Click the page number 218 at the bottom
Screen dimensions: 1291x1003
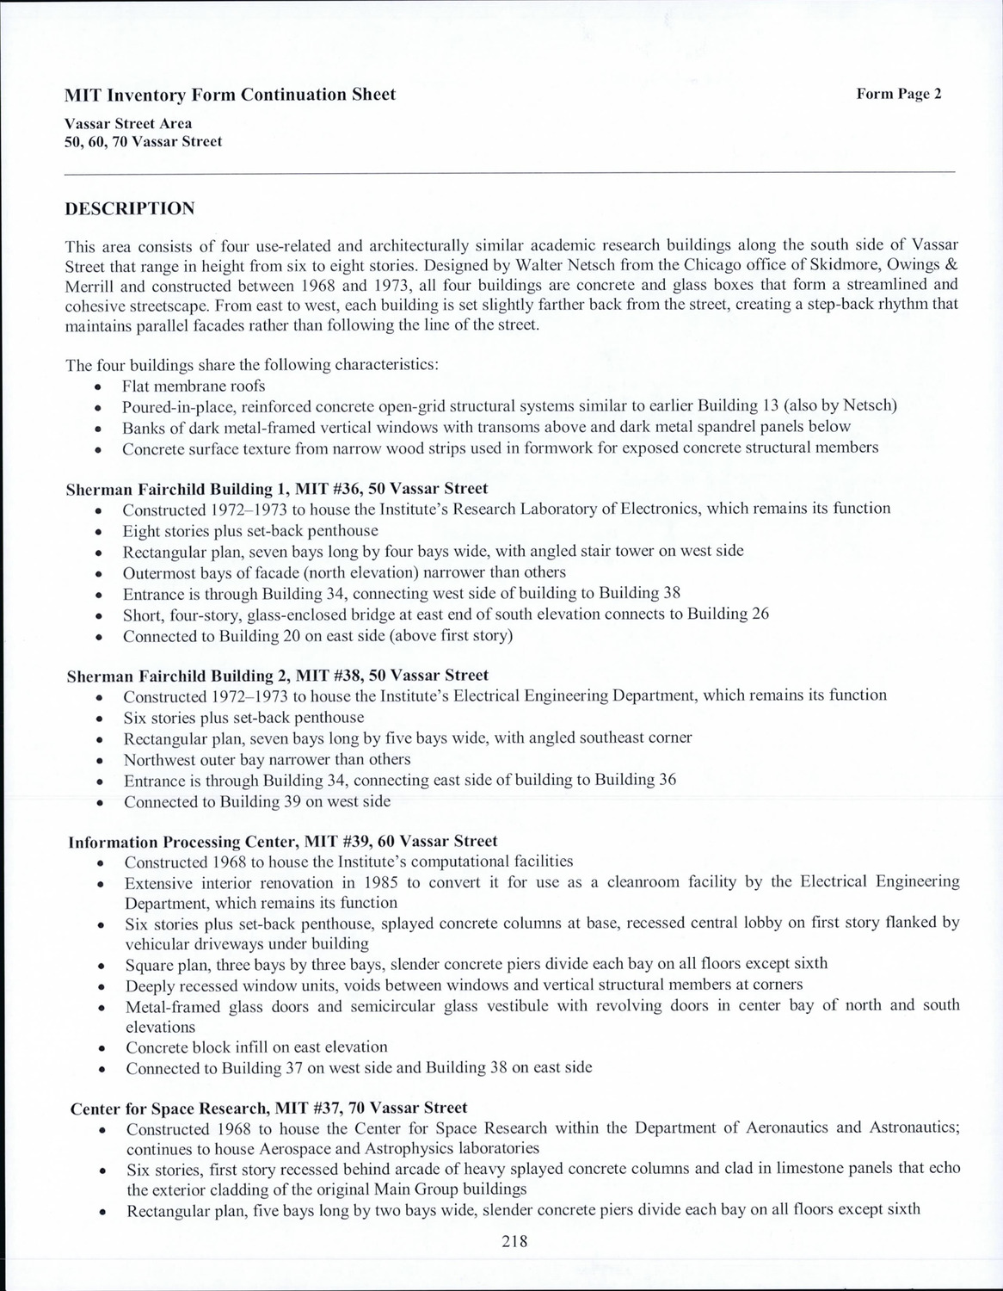tap(513, 1240)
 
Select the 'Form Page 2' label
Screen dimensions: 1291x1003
tap(899, 94)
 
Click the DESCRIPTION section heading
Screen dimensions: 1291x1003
tap(130, 208)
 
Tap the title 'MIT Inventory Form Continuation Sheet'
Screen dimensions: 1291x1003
tap(231, 95)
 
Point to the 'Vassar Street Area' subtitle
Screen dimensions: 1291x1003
tap(128, 123)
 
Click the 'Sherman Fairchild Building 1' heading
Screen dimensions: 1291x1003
tap(276, 489)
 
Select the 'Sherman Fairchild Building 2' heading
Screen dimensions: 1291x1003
tap(277, 676)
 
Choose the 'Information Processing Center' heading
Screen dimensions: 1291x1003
tap(282, 841)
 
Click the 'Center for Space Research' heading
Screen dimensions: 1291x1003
tap(268, 1108)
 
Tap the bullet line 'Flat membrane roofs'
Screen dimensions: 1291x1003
tap(194, 386)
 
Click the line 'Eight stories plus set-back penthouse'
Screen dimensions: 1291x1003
tap(250, 530)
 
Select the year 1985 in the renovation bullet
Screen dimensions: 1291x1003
tap(382, 882)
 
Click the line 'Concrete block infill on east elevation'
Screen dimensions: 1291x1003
tap(256, 1047)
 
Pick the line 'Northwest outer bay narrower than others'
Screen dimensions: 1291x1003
tap(267, 759)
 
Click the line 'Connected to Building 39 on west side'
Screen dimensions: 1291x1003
tap(256, 801)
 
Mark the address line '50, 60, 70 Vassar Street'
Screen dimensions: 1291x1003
tap(143, 141)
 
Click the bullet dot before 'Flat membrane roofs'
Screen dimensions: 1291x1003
tap(100, 386)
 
